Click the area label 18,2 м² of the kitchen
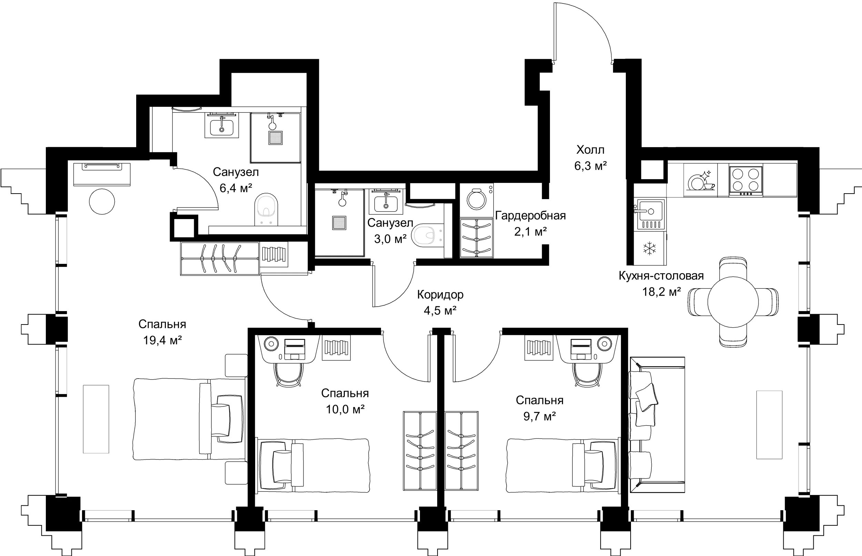point(661,292)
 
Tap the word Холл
point(590,150)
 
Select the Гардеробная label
point(530,216)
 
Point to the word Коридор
point(440,295)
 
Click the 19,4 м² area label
point(162,340)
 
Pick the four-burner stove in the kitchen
point(745,180)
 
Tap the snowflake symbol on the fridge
point(650,248)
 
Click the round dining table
point(733,302)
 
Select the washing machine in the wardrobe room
point(477,200)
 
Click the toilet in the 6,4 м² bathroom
point(266,209)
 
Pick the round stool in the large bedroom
point(102,202)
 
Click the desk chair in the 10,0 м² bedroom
point(288,375)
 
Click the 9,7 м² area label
point(539,416)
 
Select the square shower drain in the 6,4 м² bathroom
point(275,137)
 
